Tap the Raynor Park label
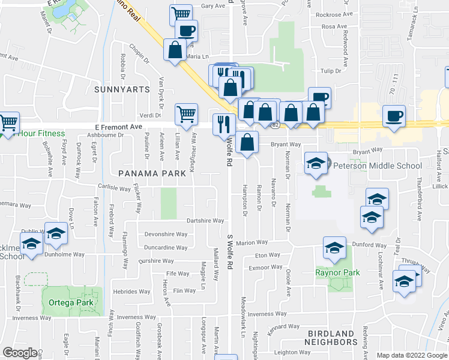point(338,272)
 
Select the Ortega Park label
point(71,302)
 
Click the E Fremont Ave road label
point(118,127)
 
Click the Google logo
point(20,352)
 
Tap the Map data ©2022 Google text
point(411,355)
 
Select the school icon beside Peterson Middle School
point(315,163)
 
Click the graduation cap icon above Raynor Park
point(334,247)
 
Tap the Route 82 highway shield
point(275,125)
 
